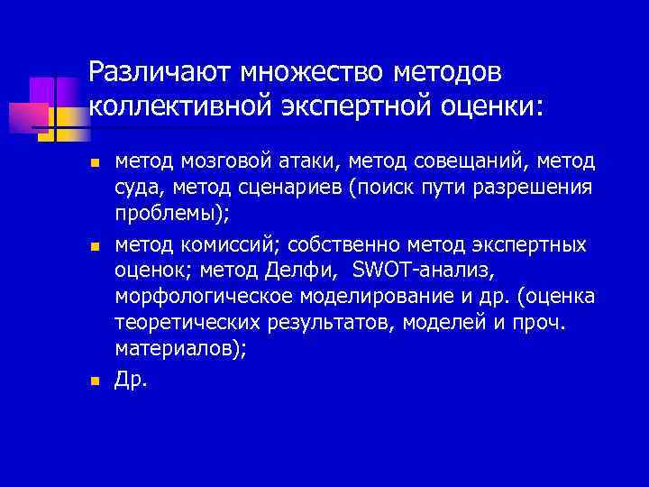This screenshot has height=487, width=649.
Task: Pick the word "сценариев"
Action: point(302,188)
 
